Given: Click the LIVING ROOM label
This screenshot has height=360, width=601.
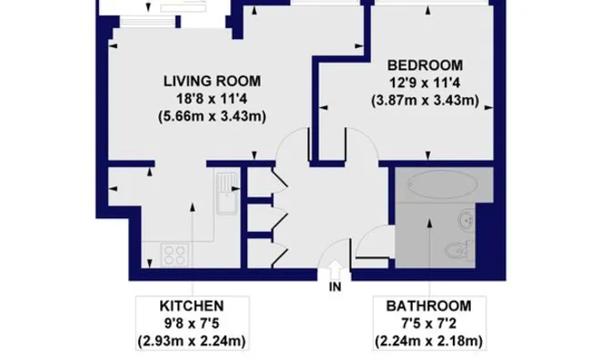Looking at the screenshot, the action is [x=213, y=81].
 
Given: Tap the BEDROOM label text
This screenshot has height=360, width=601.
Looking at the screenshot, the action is [x=426, y=65].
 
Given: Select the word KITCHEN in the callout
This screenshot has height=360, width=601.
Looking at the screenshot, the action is [x=192, y=306].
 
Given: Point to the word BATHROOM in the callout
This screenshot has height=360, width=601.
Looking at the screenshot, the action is [x=428, y=306].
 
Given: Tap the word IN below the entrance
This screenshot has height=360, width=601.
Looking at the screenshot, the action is [x=335, y=286].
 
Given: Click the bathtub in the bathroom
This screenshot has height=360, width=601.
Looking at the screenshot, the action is [x=442, y=185].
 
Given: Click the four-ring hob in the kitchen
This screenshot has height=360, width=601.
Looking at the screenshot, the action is [x=175, y=255].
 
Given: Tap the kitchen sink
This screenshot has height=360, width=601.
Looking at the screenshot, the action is [x=227, y=194].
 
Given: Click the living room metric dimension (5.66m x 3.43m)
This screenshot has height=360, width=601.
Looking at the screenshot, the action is [x=213, y=116].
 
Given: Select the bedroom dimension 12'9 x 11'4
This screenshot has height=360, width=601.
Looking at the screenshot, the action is [x=426, y=83].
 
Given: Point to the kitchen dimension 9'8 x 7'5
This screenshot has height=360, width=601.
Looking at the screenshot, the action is [x=192, y=324].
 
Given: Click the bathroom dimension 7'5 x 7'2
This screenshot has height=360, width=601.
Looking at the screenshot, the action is [x=428, y=324].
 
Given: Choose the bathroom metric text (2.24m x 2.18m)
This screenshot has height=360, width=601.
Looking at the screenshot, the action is [x=428, y=341].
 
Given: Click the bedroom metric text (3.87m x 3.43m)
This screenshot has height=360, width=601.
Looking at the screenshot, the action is [x=426, y=100].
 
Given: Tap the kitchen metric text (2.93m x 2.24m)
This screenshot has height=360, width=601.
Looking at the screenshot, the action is [x=192, y=341].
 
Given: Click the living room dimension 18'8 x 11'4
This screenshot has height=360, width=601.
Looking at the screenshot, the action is [x=213, y=99].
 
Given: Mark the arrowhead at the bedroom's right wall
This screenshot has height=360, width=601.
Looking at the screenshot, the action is [x=488, y=108].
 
